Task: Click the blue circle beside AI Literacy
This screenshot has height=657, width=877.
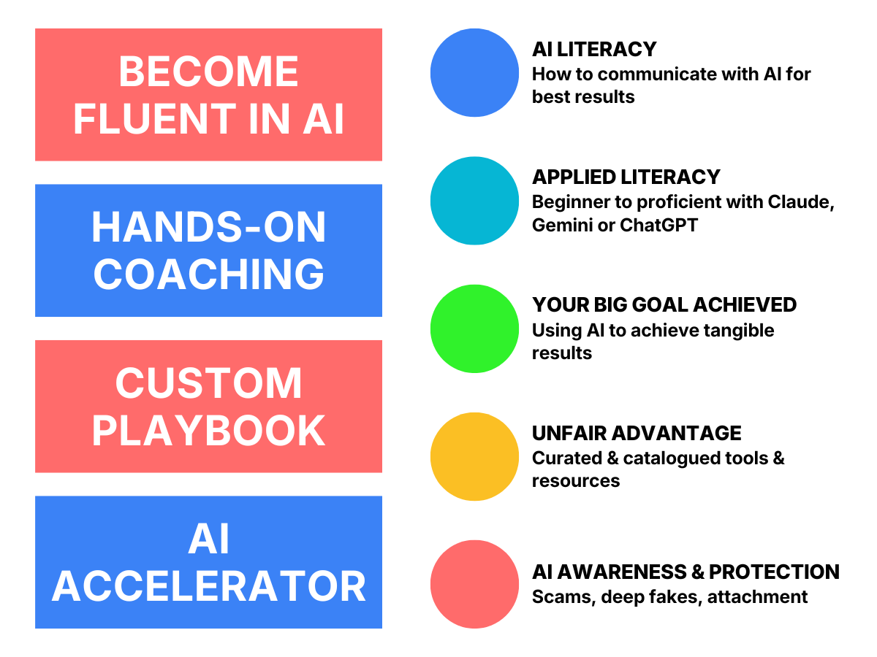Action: pos(474,73)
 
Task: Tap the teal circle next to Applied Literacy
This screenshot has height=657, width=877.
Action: pos(474,201)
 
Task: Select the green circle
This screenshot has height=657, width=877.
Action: pos(474,328)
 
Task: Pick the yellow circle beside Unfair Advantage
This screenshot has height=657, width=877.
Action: pos(474,456)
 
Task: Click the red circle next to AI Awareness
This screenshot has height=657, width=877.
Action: pos(474,584)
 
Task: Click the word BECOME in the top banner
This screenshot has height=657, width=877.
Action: pos(208,72)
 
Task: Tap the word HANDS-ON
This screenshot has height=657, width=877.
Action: pos(208,228)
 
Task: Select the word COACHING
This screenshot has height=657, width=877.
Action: pos(208,274)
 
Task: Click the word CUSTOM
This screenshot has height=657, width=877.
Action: pos(208,384)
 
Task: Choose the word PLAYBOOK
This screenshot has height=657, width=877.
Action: pos(208,431)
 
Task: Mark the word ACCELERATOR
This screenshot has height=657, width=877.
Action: pos(208,586)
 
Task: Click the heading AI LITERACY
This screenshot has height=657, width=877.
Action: pos(593,49)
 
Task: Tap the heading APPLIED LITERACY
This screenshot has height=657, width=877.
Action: pos(626,177)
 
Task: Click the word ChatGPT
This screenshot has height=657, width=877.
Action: pos(658,225)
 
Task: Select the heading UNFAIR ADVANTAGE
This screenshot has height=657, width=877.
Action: pos(636,433)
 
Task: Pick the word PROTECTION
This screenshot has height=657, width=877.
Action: pos(774,572)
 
